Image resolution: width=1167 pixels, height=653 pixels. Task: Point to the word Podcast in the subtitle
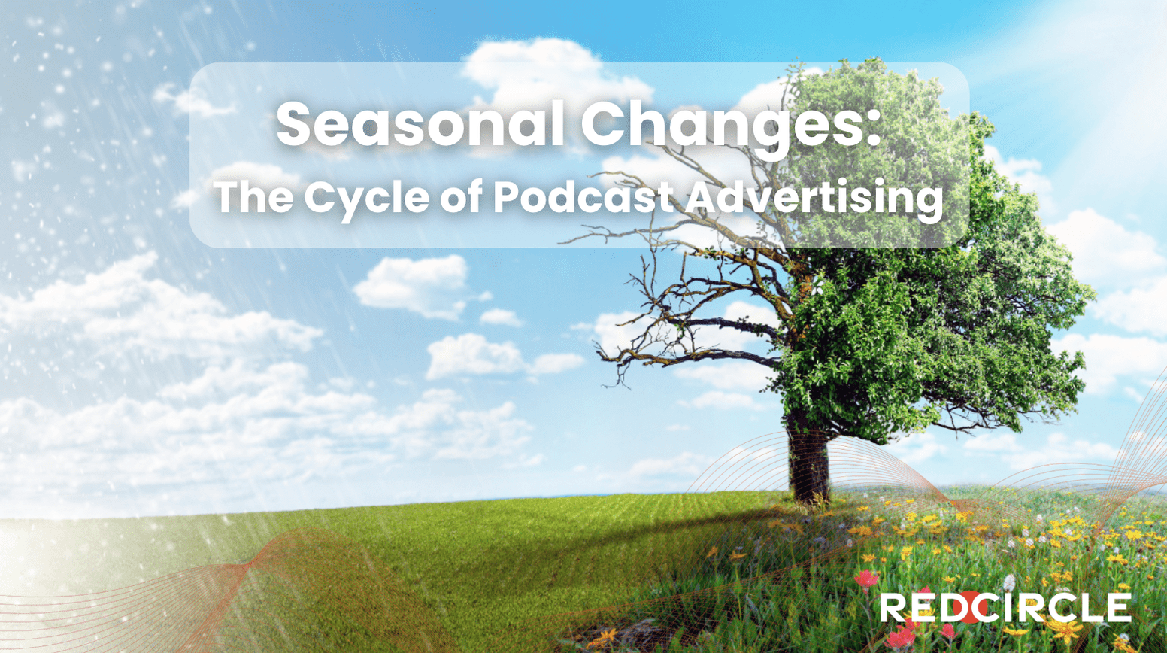click(x=583, y=196)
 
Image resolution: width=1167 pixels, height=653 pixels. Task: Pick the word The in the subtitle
click(x=253, y=196)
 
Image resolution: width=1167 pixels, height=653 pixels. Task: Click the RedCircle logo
click(x=1005, y=606)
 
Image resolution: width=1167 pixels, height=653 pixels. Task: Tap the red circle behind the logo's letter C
click(x=969, y=606)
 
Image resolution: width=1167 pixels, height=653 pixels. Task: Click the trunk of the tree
click(x=808, y=459)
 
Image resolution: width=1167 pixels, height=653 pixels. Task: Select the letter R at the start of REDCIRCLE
click(x=893, y=607)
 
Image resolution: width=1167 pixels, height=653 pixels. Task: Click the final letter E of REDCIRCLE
click(x=1119, y=607)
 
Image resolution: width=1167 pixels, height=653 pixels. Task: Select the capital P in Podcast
click(x=508, y=196)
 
